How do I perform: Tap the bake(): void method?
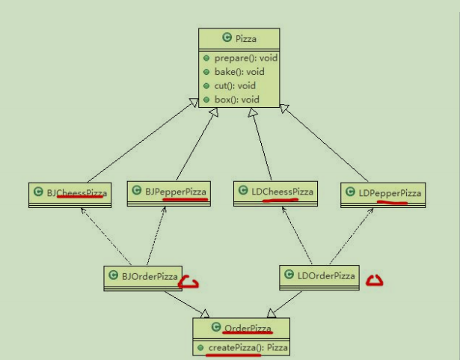point(235,72)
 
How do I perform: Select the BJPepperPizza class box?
point(168,192)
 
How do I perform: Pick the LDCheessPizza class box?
point(275,192)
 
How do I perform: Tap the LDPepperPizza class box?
point(383,194)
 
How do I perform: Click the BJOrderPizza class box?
point(142,277)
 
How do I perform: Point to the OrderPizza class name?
point(248,328)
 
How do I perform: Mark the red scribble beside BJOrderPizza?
point(192,283)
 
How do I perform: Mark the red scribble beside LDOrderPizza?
point(374,281)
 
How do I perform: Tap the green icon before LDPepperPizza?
point(350,193)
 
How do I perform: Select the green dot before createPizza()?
point(200,347)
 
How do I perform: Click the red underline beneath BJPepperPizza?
point(184,201)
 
